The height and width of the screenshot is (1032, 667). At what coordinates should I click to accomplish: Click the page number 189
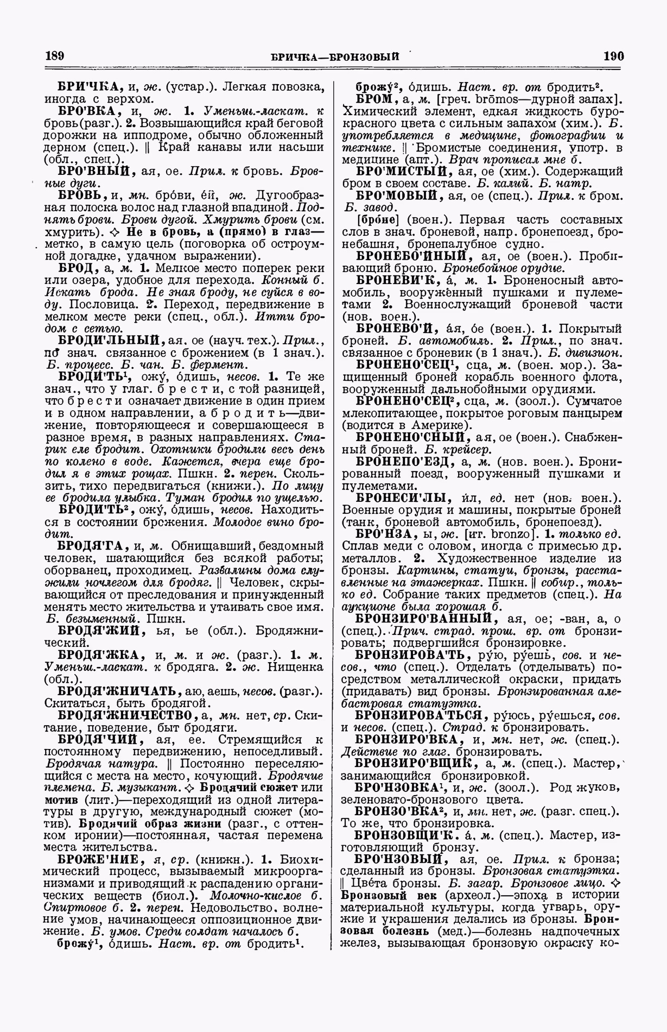click(x=54, y=55)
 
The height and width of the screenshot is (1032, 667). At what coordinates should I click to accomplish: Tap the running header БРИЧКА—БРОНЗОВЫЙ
click(x=335, y=56)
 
